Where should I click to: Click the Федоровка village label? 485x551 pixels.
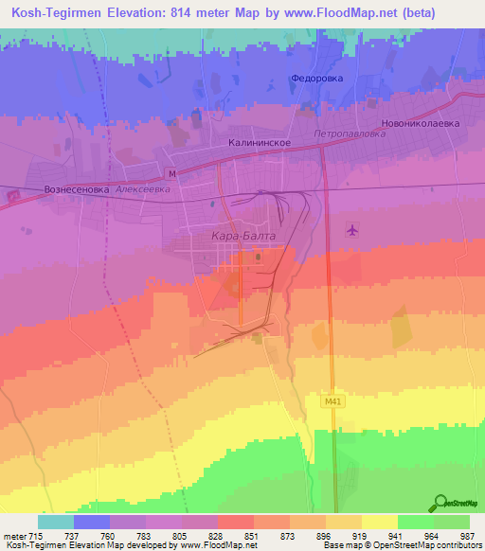(x=316, y=79)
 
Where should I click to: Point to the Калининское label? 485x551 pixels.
(x=259, y=143)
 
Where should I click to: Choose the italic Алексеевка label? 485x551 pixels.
(x=143, y=189)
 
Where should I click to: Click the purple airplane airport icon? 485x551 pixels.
(x=353, y=230)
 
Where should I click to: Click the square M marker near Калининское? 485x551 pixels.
(x=171, y=174)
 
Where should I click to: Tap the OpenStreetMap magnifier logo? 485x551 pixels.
(x=441, y=503)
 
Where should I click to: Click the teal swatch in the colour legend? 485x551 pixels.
(x=56, y=522)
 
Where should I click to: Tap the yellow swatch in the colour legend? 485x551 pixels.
(x=379, y=522)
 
